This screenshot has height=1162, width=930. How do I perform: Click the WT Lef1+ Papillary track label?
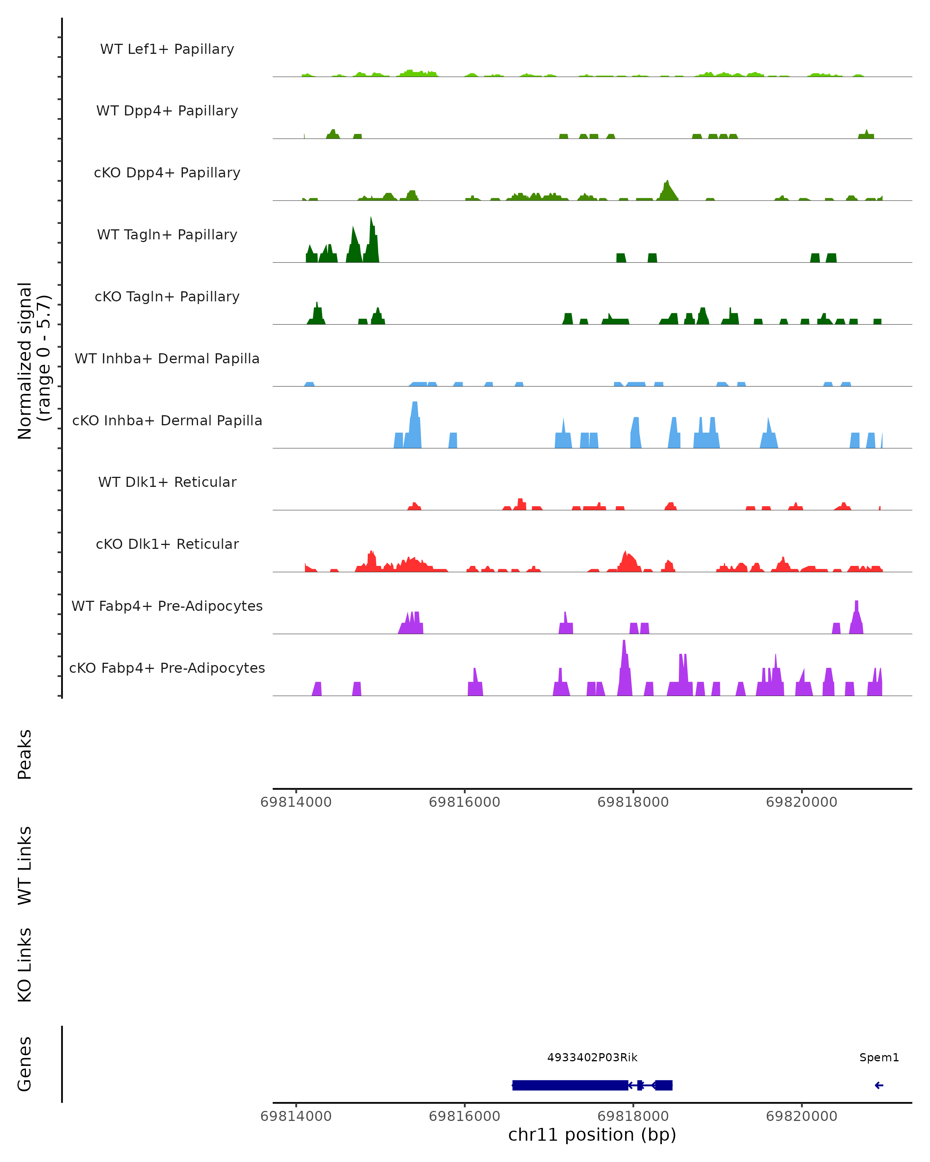(167, 49)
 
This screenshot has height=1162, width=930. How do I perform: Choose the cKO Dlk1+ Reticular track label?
(167, 544)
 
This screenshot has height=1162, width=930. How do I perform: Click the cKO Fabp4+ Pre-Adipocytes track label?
(167, 668)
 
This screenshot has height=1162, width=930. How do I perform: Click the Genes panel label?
(25, 1064)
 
